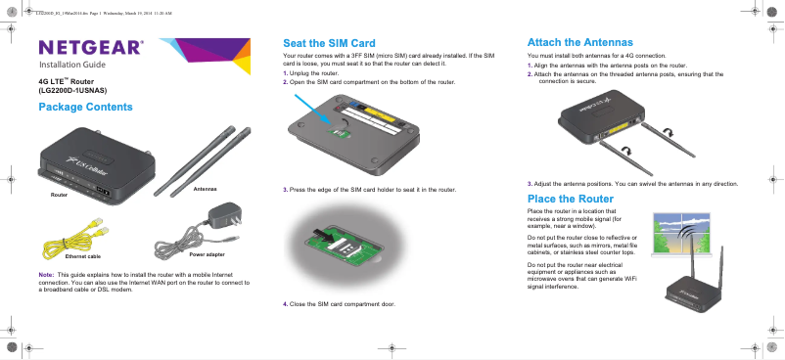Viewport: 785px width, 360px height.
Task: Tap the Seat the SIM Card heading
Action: coord(329,44)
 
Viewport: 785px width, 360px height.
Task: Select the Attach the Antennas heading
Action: coord(578,44)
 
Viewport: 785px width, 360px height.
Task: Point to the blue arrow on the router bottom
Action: coord(318,108)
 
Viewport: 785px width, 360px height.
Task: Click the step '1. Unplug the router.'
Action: coord(312,74)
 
